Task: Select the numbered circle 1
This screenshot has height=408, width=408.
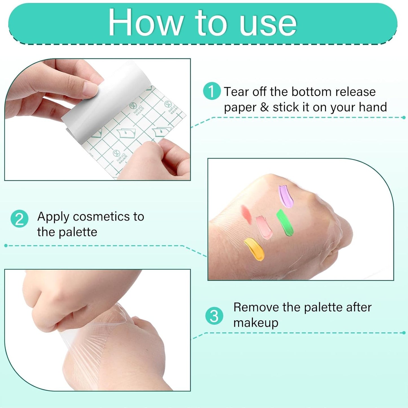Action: (x=211, y=91)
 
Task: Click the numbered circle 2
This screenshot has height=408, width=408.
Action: (x=19, y=219)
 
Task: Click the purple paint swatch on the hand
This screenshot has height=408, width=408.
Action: (x=285, y=197)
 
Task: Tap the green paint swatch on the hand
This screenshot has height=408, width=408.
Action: (x=285, y=223)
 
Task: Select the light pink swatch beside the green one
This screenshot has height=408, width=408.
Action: (x=264, y=227)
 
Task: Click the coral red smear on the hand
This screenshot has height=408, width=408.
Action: (x=246, y=214)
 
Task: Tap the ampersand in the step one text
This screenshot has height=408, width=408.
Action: (x=264, y=107)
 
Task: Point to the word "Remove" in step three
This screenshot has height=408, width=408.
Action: (x=256, y=307)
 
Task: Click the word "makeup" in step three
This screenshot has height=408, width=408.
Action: (x=256, y=323)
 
